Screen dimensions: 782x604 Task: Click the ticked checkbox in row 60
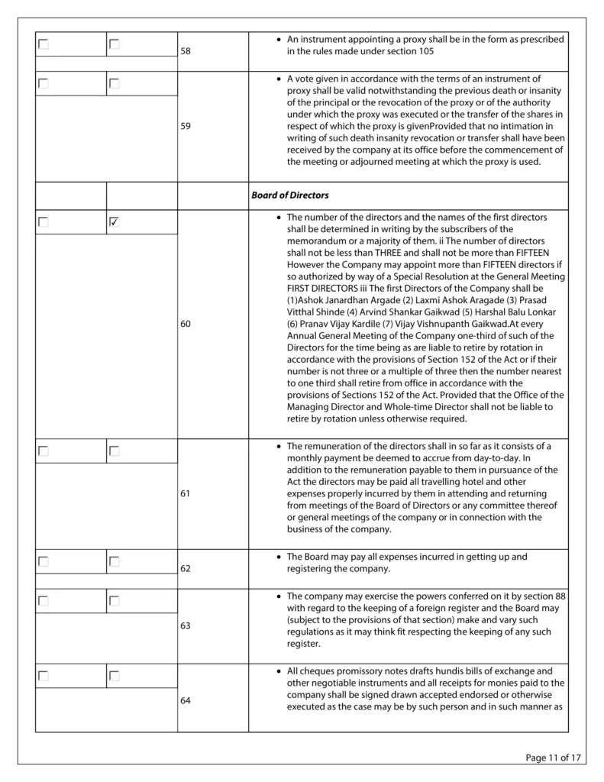pos(115,222)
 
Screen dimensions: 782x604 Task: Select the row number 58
pos(186,52)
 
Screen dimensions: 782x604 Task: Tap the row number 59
pos(186,127)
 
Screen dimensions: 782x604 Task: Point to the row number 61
pos(186,493)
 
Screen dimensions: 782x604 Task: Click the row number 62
pos(186,569)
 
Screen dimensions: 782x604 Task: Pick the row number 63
pos(186,625)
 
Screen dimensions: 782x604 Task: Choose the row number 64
pos(186,701)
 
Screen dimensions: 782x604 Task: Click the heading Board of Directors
pos(290,195)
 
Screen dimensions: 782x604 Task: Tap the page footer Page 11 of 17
pos(554,758)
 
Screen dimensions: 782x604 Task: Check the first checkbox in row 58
pos(44,44)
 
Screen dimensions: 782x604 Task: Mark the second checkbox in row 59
pos(115,84)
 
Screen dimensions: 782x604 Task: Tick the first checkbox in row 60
pos(44,222)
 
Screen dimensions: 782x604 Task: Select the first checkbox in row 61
pos(44,451)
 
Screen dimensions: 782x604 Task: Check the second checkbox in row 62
pos(115,561)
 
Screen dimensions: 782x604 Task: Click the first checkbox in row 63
pos(44,601)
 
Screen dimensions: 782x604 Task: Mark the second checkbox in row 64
pos(115,676)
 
